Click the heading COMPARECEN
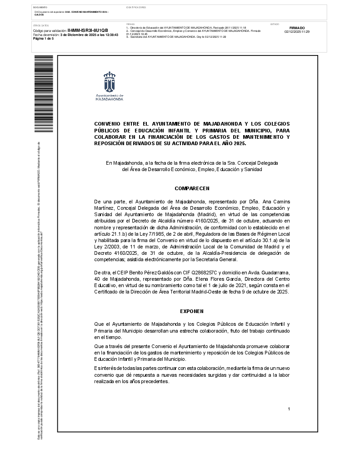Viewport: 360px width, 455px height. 192,188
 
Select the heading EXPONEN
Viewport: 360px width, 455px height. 192,311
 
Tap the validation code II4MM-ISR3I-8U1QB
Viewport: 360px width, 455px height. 88,30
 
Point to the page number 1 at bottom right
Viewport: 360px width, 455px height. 289,409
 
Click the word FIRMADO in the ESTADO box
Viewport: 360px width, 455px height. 297,28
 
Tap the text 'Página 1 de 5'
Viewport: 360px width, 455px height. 44,39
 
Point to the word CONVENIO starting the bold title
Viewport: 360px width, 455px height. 106,124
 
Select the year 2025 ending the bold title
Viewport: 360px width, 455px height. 237,143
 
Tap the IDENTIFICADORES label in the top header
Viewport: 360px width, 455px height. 136,8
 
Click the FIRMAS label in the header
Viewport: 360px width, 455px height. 130,24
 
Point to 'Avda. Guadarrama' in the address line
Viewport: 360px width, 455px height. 269,272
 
